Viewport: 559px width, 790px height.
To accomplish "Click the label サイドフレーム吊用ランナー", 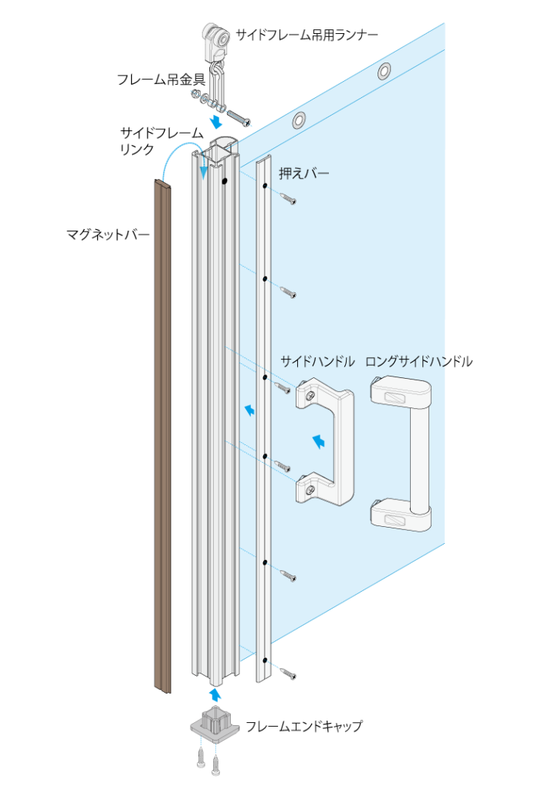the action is (307, 35).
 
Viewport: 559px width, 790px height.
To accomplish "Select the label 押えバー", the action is (304, 174).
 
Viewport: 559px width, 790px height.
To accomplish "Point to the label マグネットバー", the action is (108, 235).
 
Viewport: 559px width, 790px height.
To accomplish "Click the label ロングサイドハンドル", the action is (419, 361).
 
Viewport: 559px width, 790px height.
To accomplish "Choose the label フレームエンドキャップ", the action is (303, 726).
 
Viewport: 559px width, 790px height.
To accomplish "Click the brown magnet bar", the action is (162, 437).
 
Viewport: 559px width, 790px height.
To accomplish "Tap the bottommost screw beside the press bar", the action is (288, 673).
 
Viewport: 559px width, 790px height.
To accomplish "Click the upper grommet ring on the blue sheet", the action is (384, 71).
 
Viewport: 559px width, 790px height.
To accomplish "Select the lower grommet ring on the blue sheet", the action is (298, 120).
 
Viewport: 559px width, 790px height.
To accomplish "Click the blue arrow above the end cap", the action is (215, 695).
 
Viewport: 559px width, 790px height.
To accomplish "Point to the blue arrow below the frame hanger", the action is (216, 121).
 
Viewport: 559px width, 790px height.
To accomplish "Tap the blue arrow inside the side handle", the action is (319, 441).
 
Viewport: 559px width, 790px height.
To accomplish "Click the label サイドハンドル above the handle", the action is (317, 361).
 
